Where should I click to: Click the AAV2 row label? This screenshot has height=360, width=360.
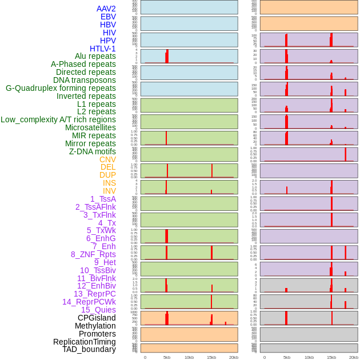(106, 9)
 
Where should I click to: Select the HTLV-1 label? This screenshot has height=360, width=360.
(102, 49)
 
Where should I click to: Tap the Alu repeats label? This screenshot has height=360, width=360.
(95, 56)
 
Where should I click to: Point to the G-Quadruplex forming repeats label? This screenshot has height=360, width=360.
(61, 88)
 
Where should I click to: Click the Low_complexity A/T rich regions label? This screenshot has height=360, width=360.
(58, 119)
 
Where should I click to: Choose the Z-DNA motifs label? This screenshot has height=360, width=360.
(93, 151)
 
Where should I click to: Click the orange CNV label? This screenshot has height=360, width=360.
(107, 159)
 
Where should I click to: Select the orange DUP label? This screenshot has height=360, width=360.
(107, 175)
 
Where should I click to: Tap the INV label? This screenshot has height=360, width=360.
(109, 191)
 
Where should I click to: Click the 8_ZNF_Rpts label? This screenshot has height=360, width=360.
(93, 254)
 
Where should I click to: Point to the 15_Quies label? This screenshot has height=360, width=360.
(98, 310)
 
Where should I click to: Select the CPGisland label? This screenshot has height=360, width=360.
(97, 318)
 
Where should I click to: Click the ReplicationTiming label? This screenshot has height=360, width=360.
(85, 342)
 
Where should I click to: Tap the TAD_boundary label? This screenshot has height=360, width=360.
(89, 349)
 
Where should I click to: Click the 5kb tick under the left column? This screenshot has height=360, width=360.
(167, 357)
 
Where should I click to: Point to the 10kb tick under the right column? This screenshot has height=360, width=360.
(309, 357)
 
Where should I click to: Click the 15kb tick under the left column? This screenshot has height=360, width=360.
(211, 357)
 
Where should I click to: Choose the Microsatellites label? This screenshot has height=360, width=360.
(90, 127)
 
